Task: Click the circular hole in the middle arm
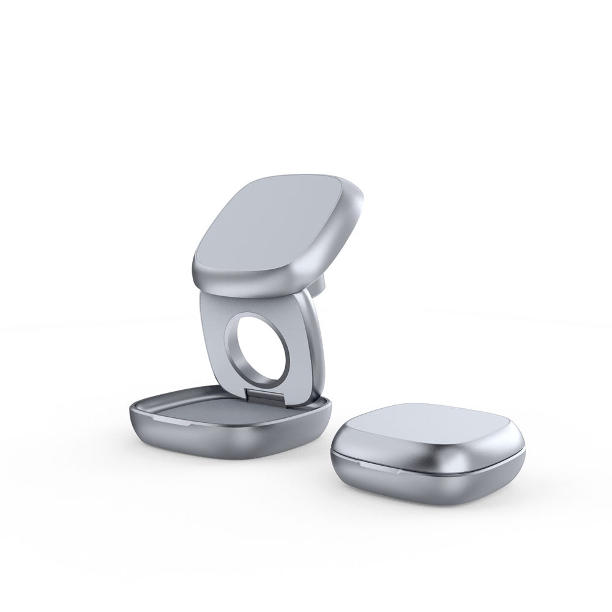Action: coord(255,346)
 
